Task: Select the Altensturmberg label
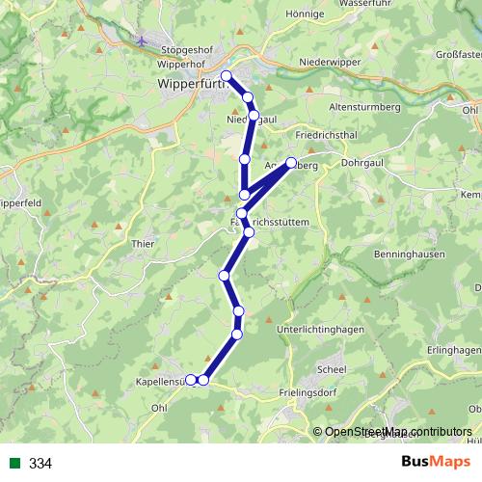point(364,106)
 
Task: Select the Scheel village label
point(332,368)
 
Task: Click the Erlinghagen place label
point(453,349)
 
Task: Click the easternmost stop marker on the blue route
point(291,163)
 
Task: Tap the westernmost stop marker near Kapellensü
point(191,380)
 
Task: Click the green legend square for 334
point(13,464)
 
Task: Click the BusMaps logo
point(436,463)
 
